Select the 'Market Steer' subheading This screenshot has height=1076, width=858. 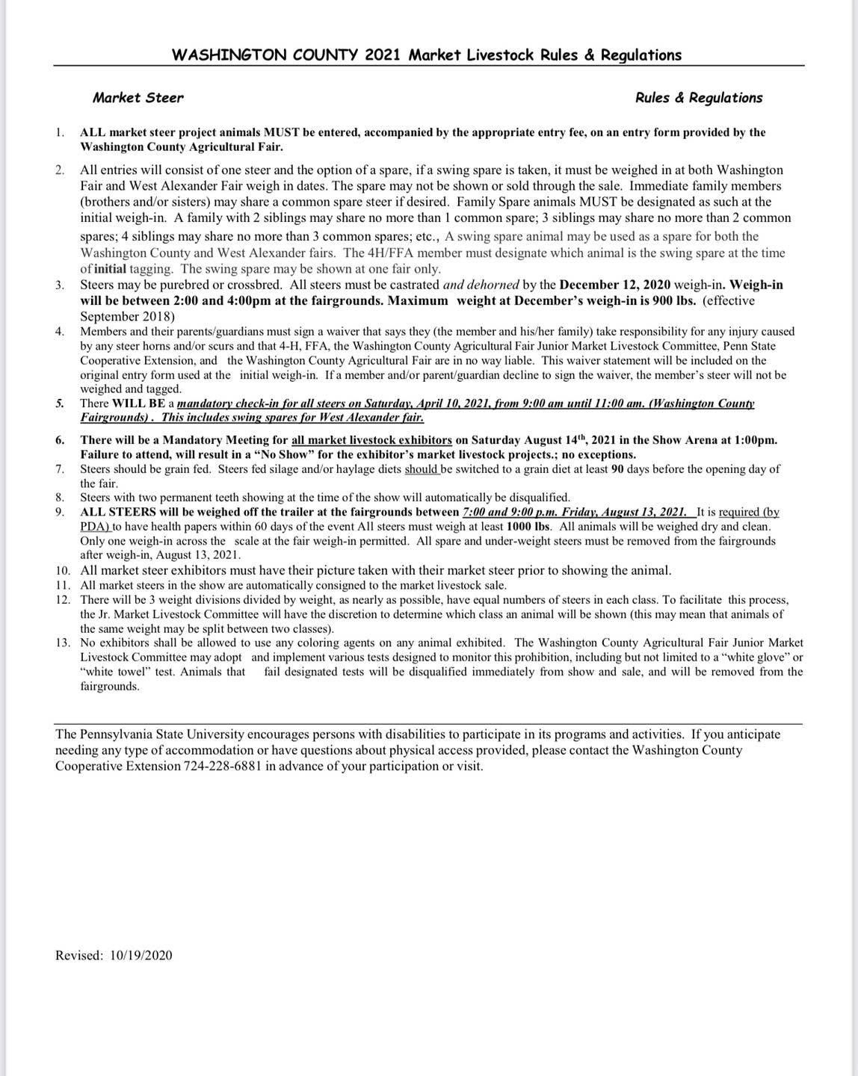[138, 98]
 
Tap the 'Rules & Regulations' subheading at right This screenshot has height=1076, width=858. [698, 98]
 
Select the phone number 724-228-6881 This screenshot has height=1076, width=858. [228, 766]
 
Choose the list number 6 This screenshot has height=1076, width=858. [59, 440]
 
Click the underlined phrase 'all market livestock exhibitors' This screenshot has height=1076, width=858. [371, 440]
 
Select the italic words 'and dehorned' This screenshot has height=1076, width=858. [481, 285]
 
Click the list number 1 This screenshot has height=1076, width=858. [59, 132]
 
